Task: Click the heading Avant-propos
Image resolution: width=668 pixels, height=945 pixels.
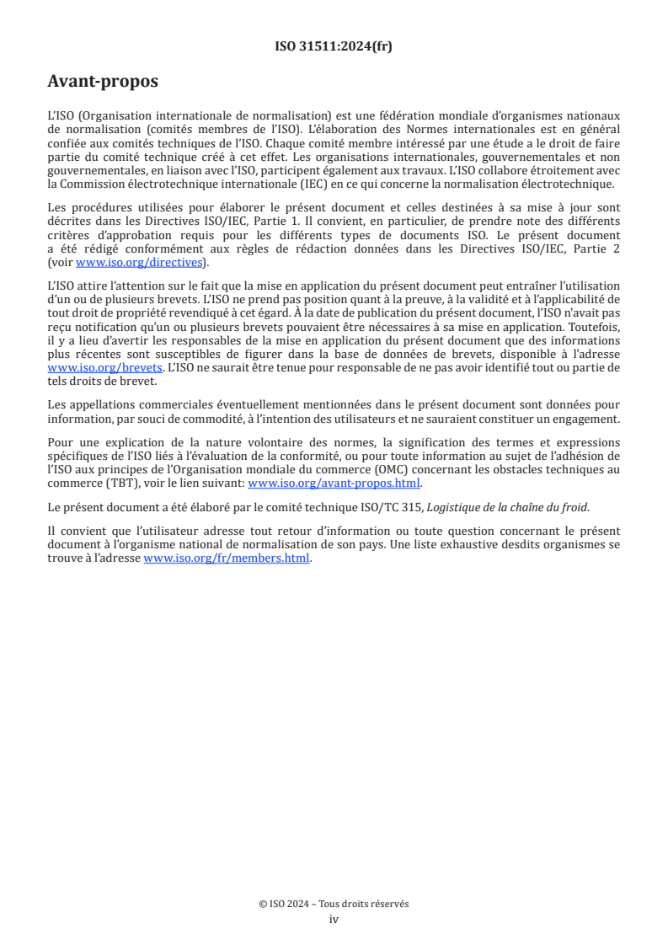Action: point(103,82)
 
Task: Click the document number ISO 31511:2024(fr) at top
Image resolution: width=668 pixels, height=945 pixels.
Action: point(334,46)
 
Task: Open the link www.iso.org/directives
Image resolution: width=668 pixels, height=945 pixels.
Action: point(140,262)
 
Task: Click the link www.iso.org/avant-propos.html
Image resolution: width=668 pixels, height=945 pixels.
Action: point(334,483)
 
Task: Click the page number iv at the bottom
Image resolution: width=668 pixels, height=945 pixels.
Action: point(334,919)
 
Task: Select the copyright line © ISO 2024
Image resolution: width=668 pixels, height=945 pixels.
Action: point(334,904)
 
